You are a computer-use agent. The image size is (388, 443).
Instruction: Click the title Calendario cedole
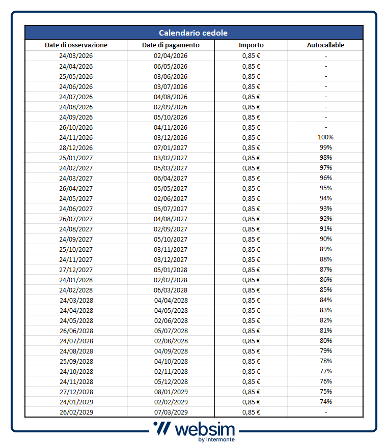[x=193, y=33]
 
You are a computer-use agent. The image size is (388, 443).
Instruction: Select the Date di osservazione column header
[x=76, y=45]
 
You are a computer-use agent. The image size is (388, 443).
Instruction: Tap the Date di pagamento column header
[x=171, y=45]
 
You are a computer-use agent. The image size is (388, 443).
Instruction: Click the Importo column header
[x=251, y=45]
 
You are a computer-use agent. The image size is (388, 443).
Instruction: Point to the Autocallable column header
[x=325, y=45]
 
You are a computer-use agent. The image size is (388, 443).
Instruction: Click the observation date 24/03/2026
[x=76, y=56]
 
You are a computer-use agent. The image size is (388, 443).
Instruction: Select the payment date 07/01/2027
[x=171, y=147]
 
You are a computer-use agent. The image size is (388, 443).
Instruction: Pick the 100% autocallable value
[x=325, y=137]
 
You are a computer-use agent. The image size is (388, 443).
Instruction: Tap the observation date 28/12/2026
[x=76, y=147]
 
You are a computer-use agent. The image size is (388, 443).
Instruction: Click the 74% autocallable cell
[x=325, y=402]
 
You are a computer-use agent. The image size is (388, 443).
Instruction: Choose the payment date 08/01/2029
[x=171, y=392]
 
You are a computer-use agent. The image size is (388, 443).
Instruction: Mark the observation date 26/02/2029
[x=76, y=412]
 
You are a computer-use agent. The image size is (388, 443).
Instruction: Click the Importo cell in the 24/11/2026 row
[x=251, y=137]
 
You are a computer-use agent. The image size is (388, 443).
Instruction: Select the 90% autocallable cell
[x=325, y=239]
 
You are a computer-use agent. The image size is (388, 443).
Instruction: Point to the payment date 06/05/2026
[x=171, y=66]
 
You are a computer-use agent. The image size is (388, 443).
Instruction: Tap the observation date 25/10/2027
[x=76, y=249]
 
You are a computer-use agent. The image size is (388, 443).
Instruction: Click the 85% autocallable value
[x=325, y=290]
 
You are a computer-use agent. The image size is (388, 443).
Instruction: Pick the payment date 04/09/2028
[x=171, y=351]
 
